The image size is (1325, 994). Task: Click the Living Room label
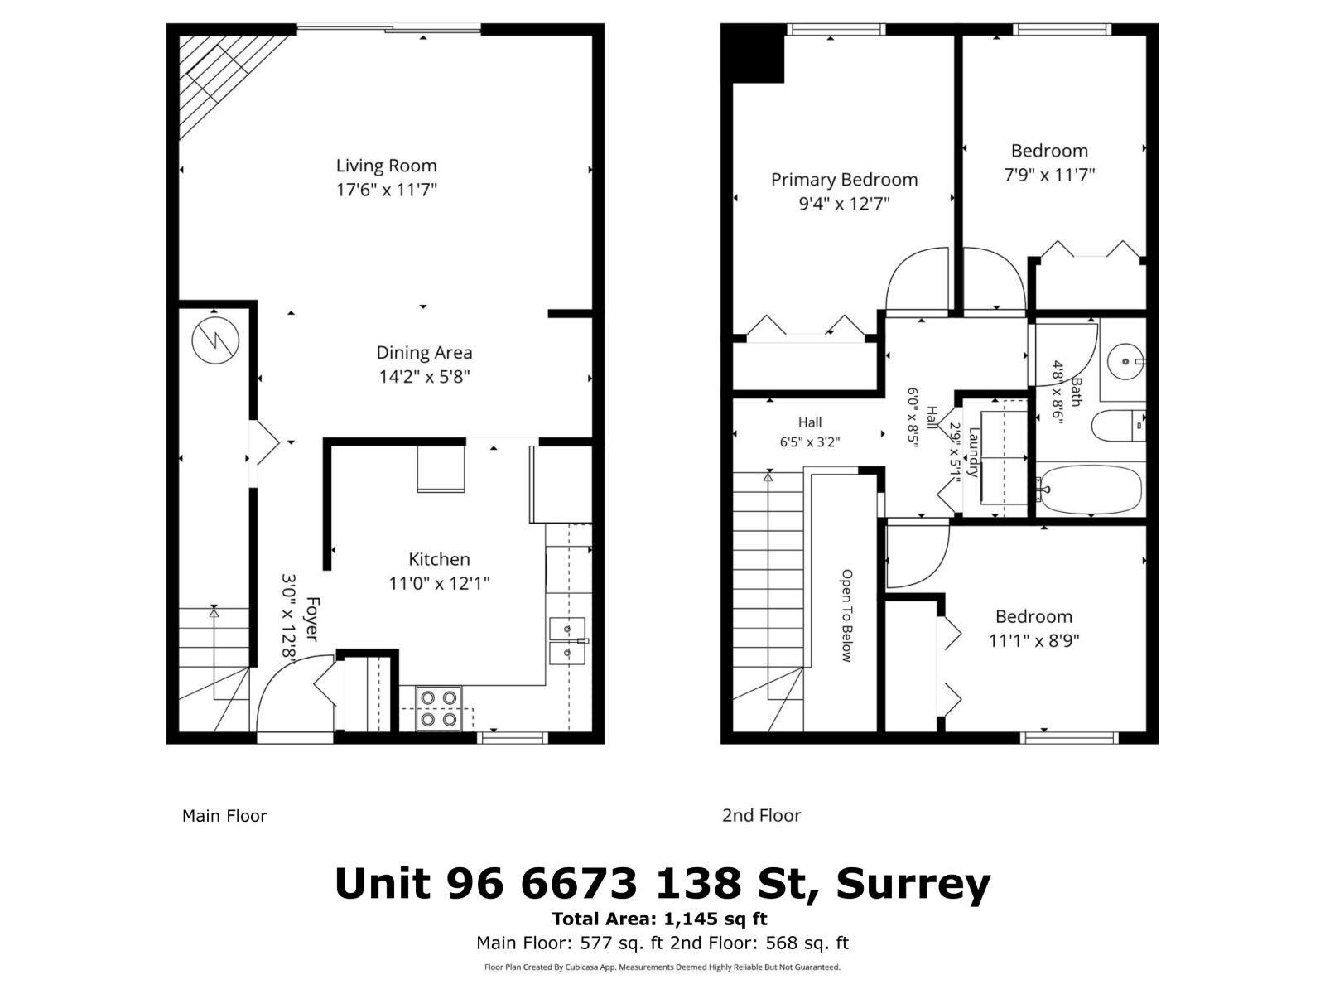point(386,166)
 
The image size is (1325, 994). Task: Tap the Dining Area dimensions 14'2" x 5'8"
point(424,377)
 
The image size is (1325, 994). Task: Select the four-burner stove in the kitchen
point(438,708)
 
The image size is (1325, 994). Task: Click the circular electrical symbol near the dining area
point(215,340)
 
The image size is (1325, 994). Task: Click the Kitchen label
point(439,559)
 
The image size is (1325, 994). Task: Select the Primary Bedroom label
point(844,180)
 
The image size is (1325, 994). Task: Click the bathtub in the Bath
point(1090,490)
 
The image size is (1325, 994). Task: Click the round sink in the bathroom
point(1125,360)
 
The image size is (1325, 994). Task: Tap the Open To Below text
point(846,615)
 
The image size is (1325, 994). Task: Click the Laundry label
point(974,452)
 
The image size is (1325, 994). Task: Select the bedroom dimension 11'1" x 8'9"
point(1033,640)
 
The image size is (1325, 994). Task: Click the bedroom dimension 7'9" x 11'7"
point(1049,175)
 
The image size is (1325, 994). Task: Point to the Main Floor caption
point(224,816)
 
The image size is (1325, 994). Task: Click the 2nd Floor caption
point(761,816)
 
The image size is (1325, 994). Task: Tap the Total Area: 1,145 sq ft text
point(659,919)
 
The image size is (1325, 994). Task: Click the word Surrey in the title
point(913,884)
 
